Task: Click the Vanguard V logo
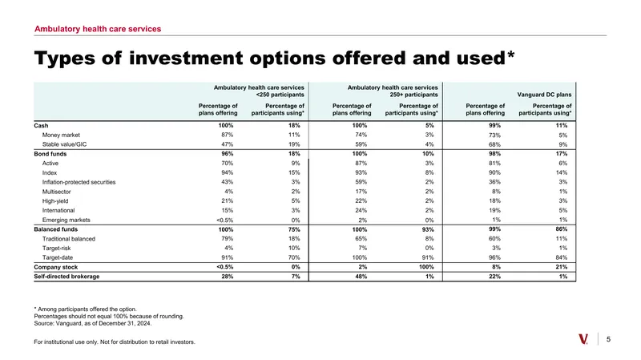pyautogui.click(x=583, y=339)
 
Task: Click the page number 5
pyautogui.click(x=608, y=339)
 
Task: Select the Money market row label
pyautogui.click(x=61, y=135)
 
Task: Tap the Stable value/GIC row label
pyautogui.click(x=64, y=144)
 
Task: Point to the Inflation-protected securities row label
pyautogui.click(x=79, y=182)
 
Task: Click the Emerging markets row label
pyautogui.click(x=66, y=220)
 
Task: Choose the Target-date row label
pyautogui.click(x=57, y=257)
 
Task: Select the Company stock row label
pyautogui.click(x=55, y=267)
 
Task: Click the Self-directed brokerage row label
pyautogui.click(x=67, y=277)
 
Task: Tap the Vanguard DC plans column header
pyautogui.click(x=544, y=95)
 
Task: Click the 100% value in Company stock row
pyautogui.click(x=426, y=267)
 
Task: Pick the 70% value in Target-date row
pyautogui.click(x=294, y=257)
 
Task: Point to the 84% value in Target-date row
pyautogui.click(x=562, y=257)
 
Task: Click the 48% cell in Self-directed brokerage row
pyautogui.click(x=361, y=277)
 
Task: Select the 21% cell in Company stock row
pyautogui.click(x=562, y=267)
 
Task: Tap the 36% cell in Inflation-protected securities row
pyautogui.click(x=494, y=182)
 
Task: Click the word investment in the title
pyautogui.click(x=186, y=58)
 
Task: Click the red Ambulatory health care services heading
pyautogui.click(x=98, y=29)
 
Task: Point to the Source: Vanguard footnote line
pyautogui.click(x=93, y=323)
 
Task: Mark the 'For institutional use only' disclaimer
pyautogui.click(x=115, y=342)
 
